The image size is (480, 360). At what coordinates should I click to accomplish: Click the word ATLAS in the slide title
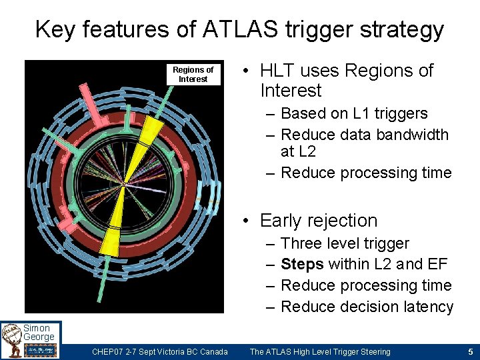pos(224,29)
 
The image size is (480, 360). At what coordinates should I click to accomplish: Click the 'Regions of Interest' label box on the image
pos(193,74)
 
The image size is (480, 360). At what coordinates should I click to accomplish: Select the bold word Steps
pos(302,265)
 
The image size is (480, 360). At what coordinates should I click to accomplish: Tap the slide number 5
pos(470,351)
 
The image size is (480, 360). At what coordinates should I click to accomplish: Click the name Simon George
pos(39,332)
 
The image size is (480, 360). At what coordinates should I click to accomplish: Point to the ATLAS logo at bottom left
pos(12,341)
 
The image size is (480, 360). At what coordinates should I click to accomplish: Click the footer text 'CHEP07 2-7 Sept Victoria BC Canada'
pos(159,351)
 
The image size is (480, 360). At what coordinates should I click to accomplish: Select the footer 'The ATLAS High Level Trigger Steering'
pos(320,351)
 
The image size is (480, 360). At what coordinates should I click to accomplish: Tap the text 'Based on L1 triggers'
pos(354,113)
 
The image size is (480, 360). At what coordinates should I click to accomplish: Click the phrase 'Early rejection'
pos(319,221)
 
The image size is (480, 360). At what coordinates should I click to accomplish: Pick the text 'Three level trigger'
pos(345,244)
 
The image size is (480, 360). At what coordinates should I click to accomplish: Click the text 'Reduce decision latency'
pos(367,307)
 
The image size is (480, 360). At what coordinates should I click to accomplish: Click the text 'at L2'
pos(298,151)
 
